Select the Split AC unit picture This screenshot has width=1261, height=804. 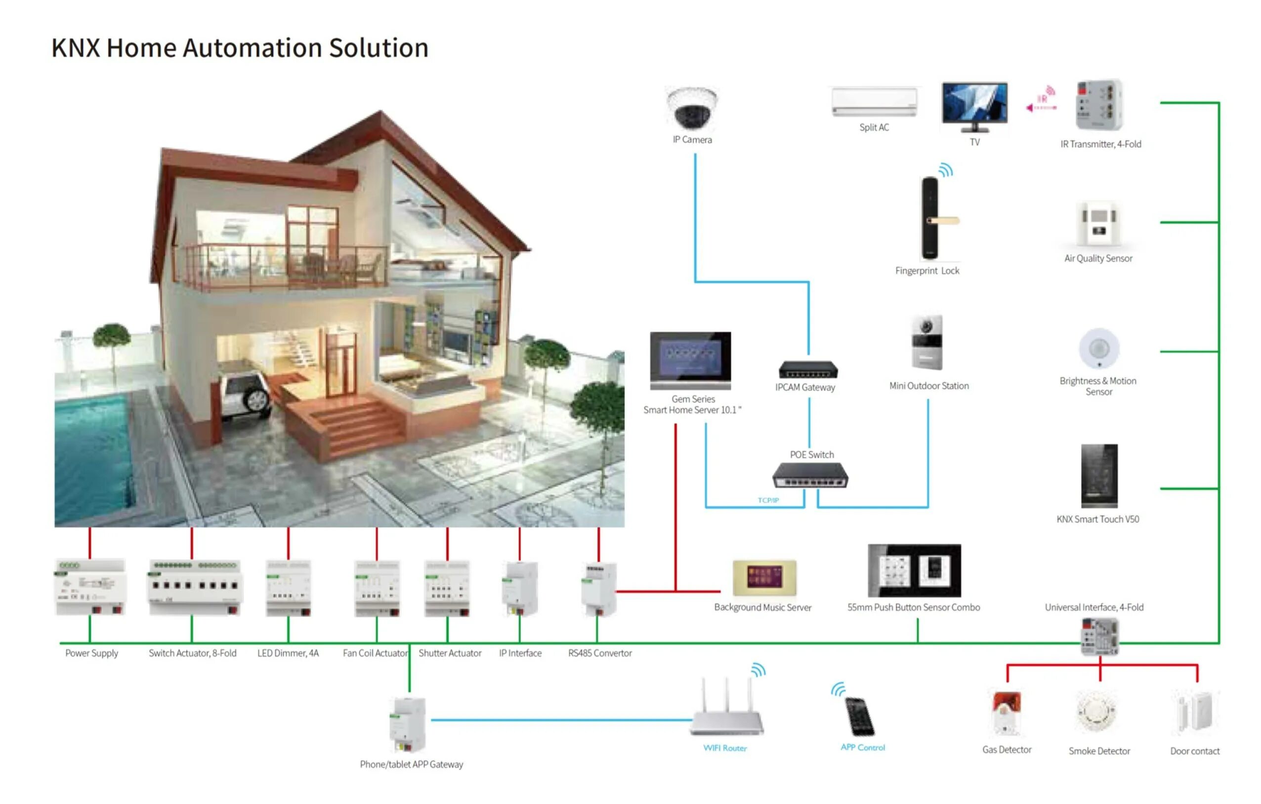[x=874, y=102]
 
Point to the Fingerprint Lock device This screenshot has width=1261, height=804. [x=931, y=218]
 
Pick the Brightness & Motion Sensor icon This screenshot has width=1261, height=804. [x=1098, y=348]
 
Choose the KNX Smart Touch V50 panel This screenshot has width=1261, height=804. [x=1098, y=475]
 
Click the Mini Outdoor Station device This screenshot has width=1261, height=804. [x=927, y=343]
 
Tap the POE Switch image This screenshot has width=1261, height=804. [x=810, y=475]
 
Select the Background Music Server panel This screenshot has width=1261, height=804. [x=764, y=577]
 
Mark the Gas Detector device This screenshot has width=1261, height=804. [x=1007, y=713]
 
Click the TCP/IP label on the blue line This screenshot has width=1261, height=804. [x=768, y=500]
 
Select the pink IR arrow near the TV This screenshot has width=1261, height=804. [x=1041, y=107]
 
